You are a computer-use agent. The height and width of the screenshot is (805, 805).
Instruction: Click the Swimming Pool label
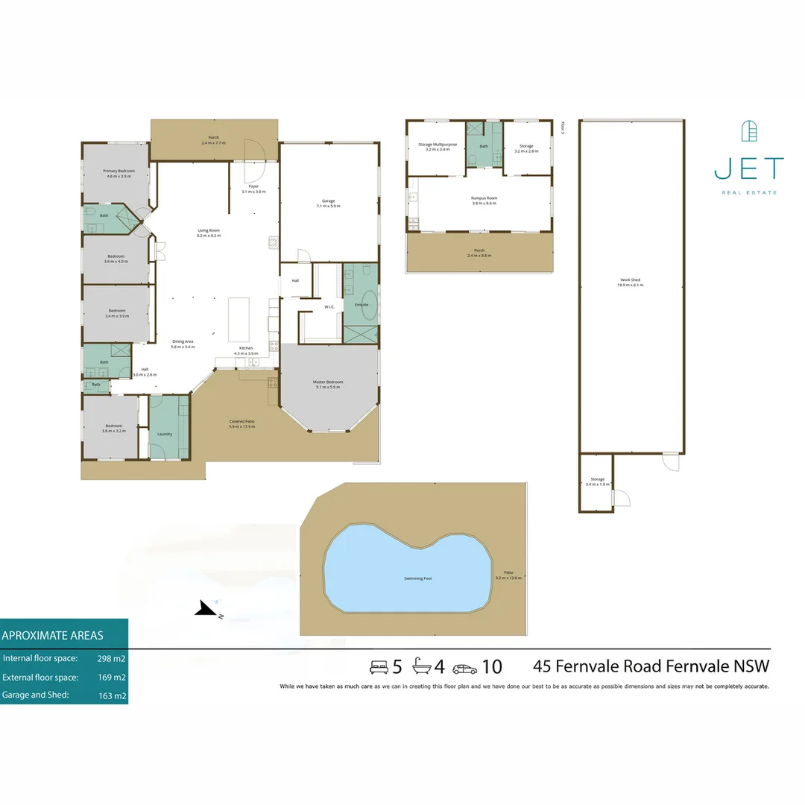(x=417, y=578)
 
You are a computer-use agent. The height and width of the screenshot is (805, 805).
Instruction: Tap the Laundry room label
(x=165, y=434)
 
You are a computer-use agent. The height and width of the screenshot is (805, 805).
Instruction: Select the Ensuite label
(x=362, y=304)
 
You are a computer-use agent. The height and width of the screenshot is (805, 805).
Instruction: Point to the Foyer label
(x=253, y=188)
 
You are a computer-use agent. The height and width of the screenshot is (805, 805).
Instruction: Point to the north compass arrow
(x=204, y=610)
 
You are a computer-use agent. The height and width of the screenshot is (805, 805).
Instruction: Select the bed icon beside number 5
(x=379, y=666)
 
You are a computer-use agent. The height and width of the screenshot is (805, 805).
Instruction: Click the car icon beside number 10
(x=464, y=667)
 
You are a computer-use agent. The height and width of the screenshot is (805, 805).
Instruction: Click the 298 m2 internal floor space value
(x=112, y=659)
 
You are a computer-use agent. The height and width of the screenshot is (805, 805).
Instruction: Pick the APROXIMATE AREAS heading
(x=53, y=636)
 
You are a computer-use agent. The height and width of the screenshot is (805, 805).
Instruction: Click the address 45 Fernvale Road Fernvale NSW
(x=651, y=666)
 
